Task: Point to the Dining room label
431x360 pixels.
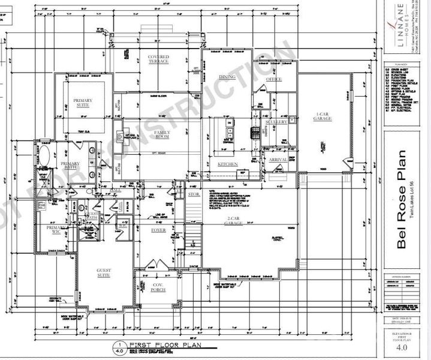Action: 227,77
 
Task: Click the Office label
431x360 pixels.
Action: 274,79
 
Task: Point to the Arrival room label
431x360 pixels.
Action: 278,160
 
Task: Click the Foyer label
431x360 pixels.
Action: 158,230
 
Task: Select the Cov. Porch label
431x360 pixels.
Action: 158,287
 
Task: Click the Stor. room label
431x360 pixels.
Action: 193,194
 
